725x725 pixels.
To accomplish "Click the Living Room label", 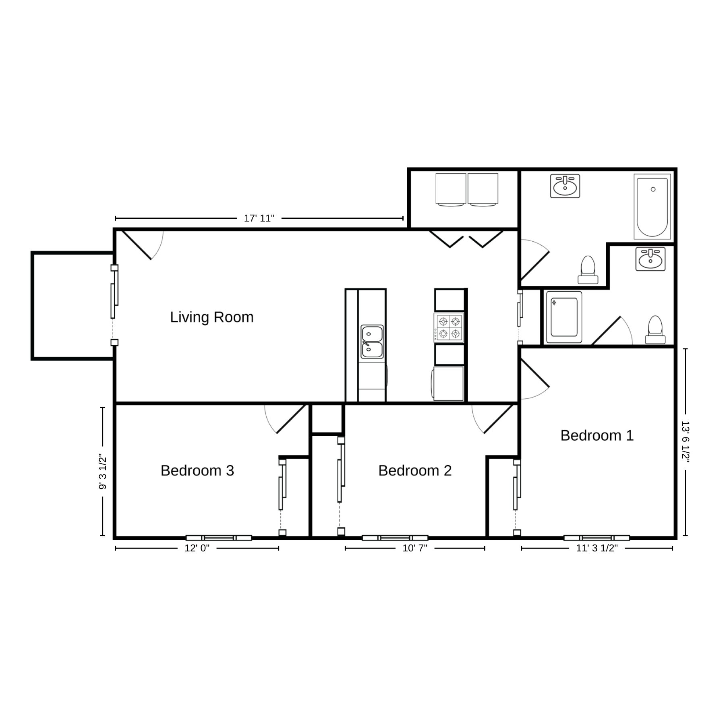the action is click(212, 317).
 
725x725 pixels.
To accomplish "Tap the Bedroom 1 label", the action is click(597, 435).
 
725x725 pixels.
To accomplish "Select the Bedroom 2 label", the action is click(415, 470).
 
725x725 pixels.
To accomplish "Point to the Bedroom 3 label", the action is click(197, 470).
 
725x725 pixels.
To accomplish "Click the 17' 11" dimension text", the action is click(259, 218).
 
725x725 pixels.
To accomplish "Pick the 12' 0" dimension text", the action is click(197, 548).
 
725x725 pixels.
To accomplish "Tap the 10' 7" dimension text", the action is click(415, 548).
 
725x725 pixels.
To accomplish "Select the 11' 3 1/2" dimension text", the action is click(597, 548).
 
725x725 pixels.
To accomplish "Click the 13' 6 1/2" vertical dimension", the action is click(686, 443).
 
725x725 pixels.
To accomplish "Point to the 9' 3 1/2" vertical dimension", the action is click(103, 472).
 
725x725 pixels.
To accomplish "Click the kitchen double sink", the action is click(372, 342).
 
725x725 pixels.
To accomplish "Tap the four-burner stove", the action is click(449, 328).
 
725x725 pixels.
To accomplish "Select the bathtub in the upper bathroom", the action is click(652, 206).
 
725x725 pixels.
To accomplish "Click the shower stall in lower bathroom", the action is click(563, 317).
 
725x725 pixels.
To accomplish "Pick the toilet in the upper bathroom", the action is click(588, 270).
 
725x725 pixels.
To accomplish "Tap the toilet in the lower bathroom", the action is click(655, 329).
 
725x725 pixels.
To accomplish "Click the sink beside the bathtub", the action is click(565, 186).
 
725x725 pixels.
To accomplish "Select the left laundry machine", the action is click(450, 190).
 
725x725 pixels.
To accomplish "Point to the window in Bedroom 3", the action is click(219, 538).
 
